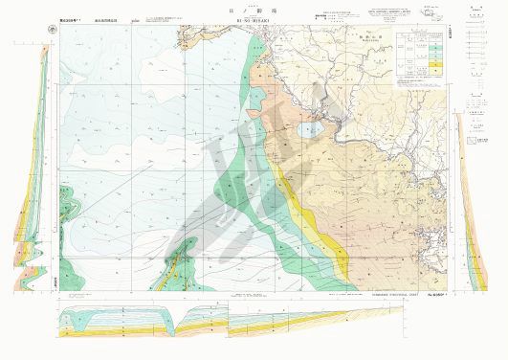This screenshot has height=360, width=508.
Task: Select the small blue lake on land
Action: (x=308, y=129)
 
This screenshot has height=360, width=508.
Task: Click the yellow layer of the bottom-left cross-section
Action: (x=96, y=329)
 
